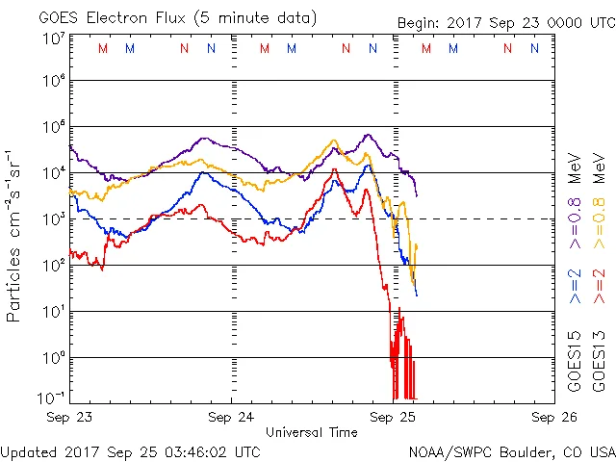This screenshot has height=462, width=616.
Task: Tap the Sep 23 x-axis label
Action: pyautogui.click(x=70, y=417)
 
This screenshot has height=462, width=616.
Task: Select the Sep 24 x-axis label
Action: pyautogui.click(x=231, y=417)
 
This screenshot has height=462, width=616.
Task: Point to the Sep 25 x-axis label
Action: pyautogui.click(x=393, y=417)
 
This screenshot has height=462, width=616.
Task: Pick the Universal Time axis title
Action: pyautogui.click(x=312, y=432)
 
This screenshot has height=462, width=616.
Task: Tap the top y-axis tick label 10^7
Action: pyautogui.click(x=54, y=38)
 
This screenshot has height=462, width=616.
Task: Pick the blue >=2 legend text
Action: pyautogui.click(x=575, y=286)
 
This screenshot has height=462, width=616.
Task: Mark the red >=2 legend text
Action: pyautogui.click(x=600, y=286)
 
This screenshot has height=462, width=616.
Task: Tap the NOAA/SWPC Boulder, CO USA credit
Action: pyautogui.click(x=511, y=450)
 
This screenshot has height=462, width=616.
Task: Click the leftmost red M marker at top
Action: pyautogui.click(x=103, y=48)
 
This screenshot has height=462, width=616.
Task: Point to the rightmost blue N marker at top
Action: pyautogui.click(x=534, y=48)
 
